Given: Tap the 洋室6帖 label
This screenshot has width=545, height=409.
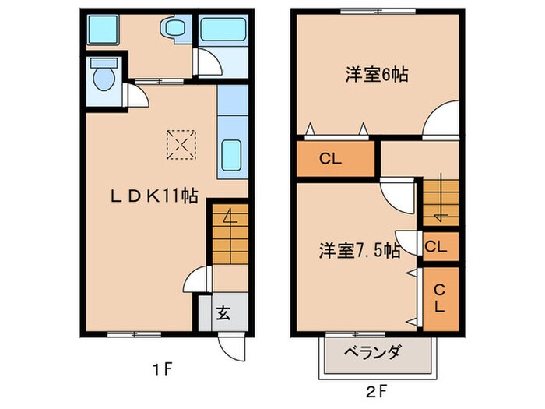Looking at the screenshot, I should pyautogui.click(x=378, y=76).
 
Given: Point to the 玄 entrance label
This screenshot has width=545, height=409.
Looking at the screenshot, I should pyautogui.click(x=223, y=314).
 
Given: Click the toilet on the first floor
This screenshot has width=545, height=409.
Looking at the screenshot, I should pyautogui.click(x=102, y=76).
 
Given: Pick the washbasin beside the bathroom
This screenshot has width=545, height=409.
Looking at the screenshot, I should pyautogui.click(x=173, y=30).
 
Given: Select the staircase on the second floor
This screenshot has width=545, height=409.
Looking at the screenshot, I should pyautogui.click(x=440, y=200).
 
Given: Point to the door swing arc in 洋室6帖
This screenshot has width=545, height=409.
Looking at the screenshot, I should pyautogui.click(x=441, y=118).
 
